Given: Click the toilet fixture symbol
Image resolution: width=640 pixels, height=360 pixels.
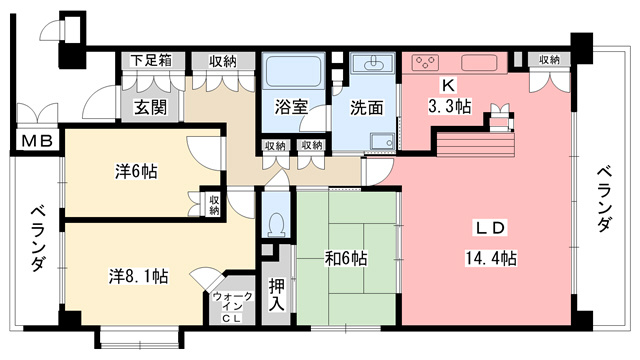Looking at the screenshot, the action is tap(276, 225).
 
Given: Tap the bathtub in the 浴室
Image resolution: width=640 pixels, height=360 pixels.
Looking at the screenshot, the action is tap(293, 71).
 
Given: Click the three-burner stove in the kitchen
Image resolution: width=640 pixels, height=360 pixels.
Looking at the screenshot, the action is tap(425, 62).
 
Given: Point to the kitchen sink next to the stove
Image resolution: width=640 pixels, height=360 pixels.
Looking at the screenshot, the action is tap(479, 63).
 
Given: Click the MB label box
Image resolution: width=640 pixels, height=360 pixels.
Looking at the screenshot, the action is tap(37, 141).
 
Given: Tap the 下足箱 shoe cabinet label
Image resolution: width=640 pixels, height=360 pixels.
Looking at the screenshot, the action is tap(151, 61).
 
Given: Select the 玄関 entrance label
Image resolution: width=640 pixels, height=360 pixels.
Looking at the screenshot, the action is tap(151, 108).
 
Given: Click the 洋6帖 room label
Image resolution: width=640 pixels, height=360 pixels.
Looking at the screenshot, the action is tap(136, 171).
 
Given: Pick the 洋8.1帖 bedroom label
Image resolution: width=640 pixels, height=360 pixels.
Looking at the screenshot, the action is tap(138, 276).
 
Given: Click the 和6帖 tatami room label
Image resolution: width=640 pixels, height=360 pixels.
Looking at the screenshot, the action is tap(346, 258).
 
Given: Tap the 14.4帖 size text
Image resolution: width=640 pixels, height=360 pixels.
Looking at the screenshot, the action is tap(491, 258).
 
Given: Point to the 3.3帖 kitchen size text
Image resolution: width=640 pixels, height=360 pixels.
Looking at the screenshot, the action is tap(449, 107).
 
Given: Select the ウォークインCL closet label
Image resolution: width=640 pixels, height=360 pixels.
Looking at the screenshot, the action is tap(233, 307).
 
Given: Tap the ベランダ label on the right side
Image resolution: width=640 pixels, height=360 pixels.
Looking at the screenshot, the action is tap(605, 199).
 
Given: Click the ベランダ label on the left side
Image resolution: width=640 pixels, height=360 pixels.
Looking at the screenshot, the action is tap(38, 240).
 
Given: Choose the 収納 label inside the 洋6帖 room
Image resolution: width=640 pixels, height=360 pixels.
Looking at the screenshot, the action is tap(214, 205).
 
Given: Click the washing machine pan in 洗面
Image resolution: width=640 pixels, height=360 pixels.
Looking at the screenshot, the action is tap(382, 141).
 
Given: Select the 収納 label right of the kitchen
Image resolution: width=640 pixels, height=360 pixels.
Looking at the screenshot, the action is tap(549, 60).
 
